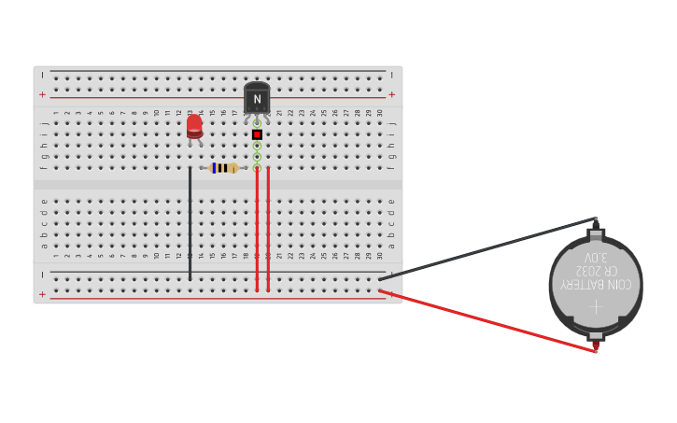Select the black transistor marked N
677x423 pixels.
click(257, 98)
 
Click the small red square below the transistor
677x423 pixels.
click(257, 134)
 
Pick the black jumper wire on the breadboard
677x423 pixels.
click(190, 224)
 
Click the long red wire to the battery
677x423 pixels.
click(486, 321)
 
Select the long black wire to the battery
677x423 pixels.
click(486, 248)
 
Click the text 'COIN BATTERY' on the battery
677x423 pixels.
click(596, 284)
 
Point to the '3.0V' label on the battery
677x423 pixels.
click(596, 257)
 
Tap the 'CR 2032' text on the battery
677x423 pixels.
click(596, 270)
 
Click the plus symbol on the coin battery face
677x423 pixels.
click(596, 305)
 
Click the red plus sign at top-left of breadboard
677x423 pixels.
click(42, 94)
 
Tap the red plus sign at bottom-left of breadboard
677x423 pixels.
click(42, 295)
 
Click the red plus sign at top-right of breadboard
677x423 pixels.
click(391, 94)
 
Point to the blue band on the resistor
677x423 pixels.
click(214, 168)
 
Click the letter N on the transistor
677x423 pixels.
click(257, 99)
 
